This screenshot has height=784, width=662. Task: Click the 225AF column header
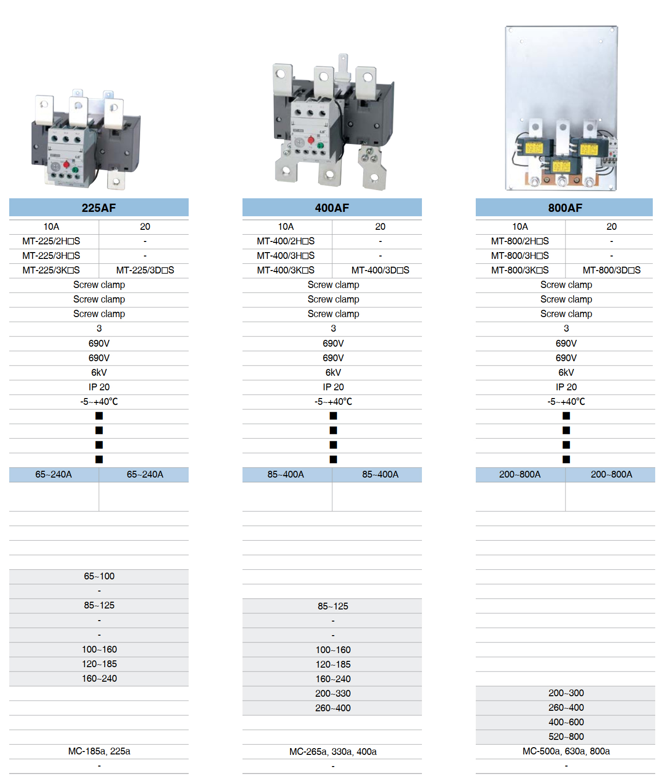[99, 208]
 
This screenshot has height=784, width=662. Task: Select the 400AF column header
[332, 208]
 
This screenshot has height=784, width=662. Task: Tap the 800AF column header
[565, 208]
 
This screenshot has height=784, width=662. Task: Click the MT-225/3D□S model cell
[145, 271]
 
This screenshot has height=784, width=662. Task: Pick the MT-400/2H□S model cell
[286, 241]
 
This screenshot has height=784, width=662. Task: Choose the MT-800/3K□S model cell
[520, 271]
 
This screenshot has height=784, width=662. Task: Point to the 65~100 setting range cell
[99, 576]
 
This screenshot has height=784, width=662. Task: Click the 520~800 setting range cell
[565, 737]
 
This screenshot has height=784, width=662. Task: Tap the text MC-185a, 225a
[99, 752]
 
